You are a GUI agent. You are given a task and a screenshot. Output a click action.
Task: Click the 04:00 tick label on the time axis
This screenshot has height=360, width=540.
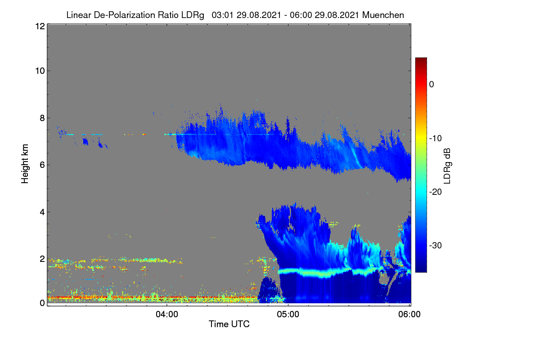167,315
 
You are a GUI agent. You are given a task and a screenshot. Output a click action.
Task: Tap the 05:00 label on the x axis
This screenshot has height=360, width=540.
288,315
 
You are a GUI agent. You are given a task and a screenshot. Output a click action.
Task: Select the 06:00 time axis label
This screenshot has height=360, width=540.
409,315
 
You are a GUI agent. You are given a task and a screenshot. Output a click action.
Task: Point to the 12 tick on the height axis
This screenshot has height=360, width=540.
40,26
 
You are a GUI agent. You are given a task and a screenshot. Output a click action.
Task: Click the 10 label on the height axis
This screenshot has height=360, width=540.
40,71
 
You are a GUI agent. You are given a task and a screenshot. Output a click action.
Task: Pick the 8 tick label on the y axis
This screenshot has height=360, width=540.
42,118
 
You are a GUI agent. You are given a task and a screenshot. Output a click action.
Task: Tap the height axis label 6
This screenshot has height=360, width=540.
42,165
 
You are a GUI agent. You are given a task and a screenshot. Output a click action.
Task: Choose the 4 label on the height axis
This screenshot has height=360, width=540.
42,212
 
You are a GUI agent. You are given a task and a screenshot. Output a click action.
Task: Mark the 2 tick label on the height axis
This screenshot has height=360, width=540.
42,259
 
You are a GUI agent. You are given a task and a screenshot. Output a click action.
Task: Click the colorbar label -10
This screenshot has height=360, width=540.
436,139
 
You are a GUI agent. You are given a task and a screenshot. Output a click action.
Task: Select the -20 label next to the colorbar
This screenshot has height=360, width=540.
436,192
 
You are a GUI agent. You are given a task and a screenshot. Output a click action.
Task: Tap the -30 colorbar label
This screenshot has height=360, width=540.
436,245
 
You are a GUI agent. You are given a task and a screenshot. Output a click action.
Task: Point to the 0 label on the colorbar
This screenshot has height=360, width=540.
432,85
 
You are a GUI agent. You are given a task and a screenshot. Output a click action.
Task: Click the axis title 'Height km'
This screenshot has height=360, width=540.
25,164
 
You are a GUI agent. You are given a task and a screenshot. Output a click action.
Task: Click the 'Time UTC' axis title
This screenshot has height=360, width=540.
229,324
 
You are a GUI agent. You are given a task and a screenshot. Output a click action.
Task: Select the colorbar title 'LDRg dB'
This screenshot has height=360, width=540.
447,166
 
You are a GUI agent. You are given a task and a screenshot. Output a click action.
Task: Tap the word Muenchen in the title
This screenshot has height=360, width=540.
383,15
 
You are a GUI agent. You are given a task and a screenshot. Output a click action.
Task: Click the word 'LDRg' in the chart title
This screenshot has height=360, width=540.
193,15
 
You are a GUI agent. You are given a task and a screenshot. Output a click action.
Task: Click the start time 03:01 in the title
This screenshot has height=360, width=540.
222,15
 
